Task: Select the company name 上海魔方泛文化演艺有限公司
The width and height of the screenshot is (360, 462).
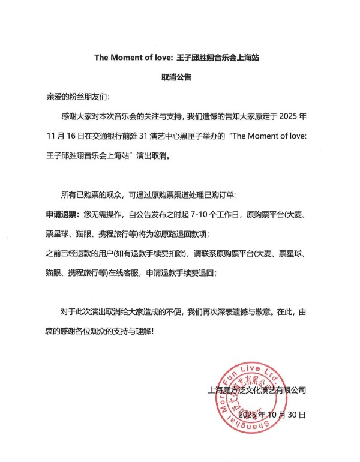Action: (x=257, y=391)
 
